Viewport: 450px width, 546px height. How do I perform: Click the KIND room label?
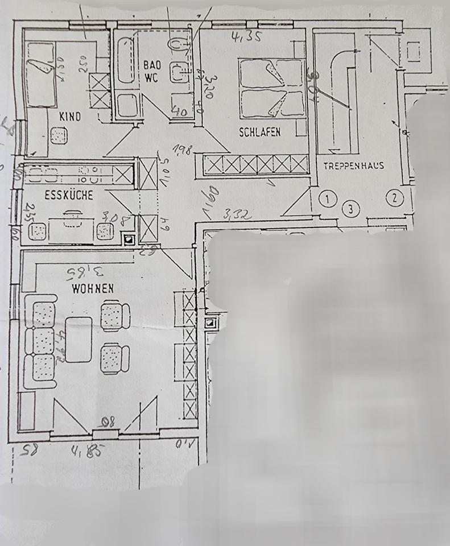tap(71, 117)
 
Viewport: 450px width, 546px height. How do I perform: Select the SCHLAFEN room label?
tap(260, 132)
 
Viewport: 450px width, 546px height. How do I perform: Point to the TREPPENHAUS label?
tap(354, 166)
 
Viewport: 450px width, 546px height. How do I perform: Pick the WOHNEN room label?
tap(92, 288)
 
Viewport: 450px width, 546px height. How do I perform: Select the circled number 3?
tap(352, 209)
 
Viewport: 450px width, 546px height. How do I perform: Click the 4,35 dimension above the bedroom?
tap(242, 38)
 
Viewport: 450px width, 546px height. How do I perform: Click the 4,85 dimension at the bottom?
tap(89, 452)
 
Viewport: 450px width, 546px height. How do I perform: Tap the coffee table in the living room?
tap(79, 339)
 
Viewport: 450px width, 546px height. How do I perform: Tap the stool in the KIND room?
tap(59, 136)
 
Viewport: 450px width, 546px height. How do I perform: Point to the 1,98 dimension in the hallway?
tap(181, 151)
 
